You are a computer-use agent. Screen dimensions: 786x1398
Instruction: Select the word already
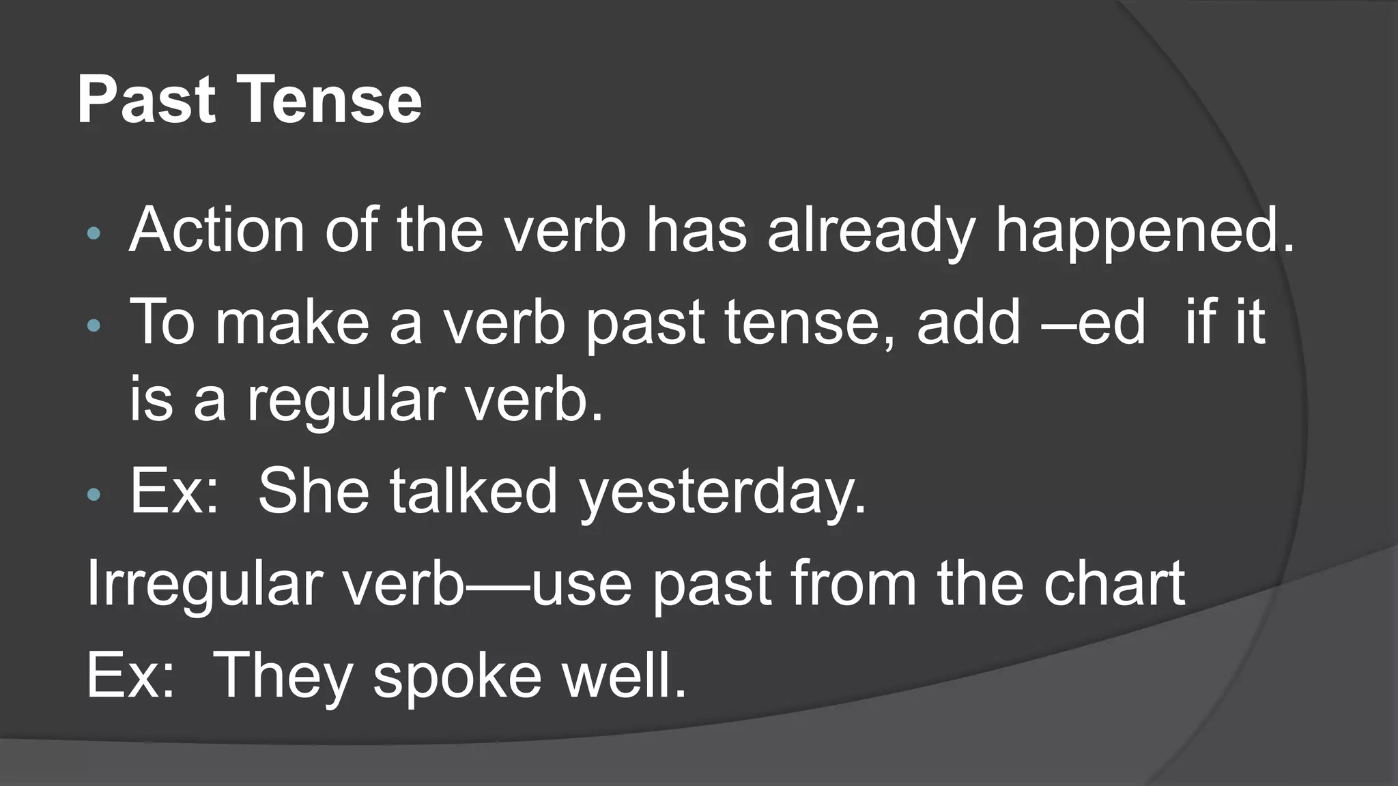[871, 232]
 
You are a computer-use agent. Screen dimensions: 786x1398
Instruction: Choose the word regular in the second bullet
[344, 401]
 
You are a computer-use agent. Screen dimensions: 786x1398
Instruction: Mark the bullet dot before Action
[94, 234]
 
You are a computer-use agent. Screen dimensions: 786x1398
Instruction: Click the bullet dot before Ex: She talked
[94, 493]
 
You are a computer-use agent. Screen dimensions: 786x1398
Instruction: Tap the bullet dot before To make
[94, 325]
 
